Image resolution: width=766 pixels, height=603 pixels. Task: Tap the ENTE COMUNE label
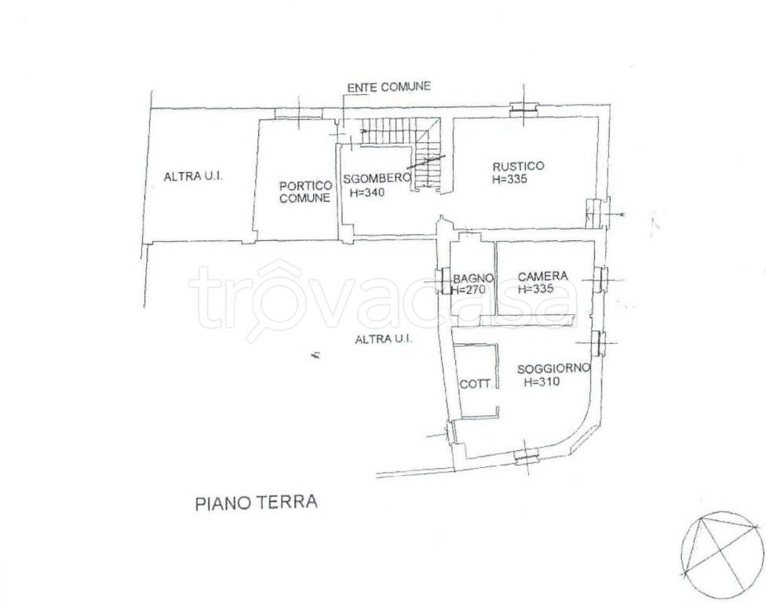[x=388, y=87]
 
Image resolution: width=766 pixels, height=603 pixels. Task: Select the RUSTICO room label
[x=518, y=166]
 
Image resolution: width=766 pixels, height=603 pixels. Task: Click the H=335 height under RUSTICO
[x=509, y=179]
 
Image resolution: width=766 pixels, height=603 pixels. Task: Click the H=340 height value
[x=362, y=192]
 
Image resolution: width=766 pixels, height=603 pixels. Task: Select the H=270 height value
[x=469, y=290]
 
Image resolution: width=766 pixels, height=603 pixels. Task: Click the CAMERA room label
[x=543, y=276]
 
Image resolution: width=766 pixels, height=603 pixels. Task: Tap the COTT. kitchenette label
[x=477, y=385]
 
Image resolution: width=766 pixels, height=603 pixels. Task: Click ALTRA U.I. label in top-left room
[x=193, y=177]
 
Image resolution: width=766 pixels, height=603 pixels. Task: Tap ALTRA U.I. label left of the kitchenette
[x=385, y=339]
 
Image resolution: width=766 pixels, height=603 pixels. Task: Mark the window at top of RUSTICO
[x=521, y=109]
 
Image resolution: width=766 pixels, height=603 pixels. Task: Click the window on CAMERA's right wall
[x=600, y=278]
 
